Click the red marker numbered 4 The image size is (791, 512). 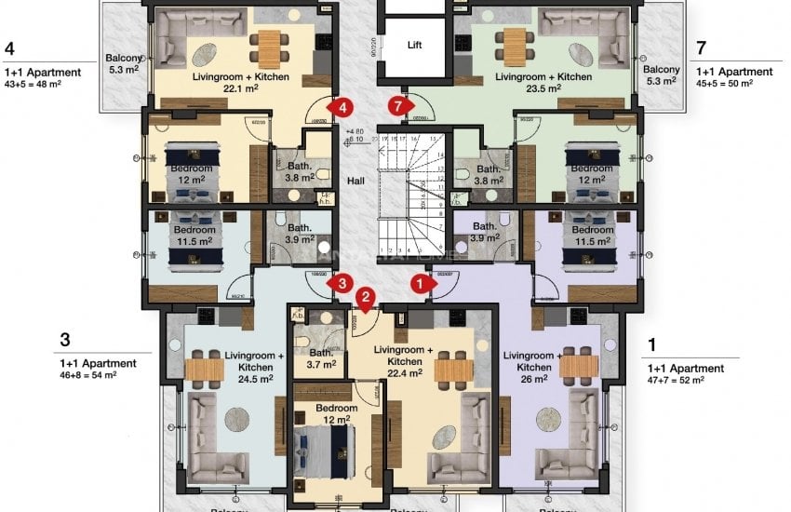343,108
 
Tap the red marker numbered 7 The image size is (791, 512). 400,107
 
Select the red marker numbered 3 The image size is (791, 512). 343,282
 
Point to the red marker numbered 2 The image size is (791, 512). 367,298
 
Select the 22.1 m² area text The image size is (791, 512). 240,89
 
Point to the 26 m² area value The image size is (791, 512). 537,368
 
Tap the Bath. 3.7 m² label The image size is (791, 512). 322,359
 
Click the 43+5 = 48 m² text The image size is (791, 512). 33,84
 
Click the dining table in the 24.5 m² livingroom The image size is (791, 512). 204,371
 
